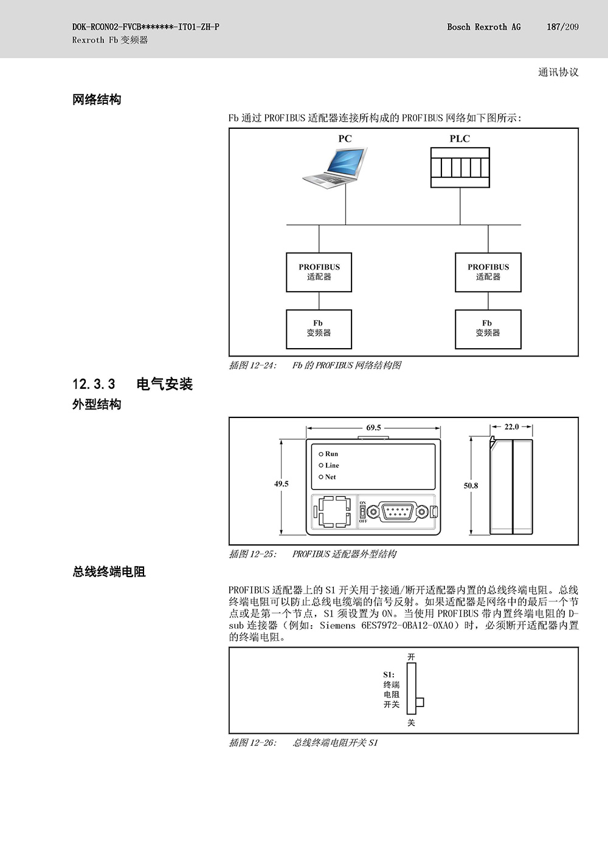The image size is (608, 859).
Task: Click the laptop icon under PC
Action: point(335,168)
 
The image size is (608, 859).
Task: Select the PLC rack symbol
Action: point(460,168)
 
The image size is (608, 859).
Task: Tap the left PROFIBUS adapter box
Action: point(319,272)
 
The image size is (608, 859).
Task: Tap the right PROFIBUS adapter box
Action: point(488,272)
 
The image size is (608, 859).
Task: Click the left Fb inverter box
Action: point(319,329)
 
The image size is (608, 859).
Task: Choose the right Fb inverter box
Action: point(488,329)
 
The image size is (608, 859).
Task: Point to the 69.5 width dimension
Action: point(373,428)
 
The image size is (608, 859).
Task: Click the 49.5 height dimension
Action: point(281,484)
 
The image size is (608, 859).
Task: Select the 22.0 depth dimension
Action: point(511,427)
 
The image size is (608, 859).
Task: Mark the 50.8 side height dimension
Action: point(471,486)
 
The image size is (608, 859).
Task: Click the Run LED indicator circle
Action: point(321,454)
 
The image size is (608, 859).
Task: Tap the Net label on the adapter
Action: point(331,477)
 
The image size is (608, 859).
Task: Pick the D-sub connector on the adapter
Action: point(397,512)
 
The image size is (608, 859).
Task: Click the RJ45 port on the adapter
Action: point(334,512)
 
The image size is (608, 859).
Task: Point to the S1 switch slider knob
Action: point(420,702)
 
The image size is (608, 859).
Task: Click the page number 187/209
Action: point(563,27)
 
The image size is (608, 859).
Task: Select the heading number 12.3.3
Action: point(94,384)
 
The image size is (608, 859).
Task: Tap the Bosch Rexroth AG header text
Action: point(484,27)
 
